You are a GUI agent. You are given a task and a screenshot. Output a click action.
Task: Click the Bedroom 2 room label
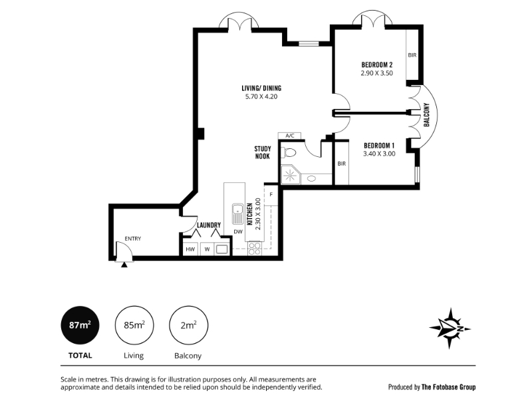[x=377, y=65]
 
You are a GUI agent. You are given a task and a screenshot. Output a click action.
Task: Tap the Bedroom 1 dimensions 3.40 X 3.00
[x=379, y=154]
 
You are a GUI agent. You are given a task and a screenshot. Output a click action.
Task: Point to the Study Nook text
[x=263, y=152]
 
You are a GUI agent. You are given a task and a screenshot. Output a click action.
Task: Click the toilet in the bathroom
[x=289, y=153]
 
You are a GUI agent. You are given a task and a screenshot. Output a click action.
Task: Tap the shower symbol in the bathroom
[x=290, y=176]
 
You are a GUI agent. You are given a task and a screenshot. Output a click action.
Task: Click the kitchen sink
[x=237, y=214]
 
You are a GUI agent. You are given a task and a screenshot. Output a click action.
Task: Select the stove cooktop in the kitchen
[x=255, y=247]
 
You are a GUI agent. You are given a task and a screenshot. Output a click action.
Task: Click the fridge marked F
[x=271, y=195]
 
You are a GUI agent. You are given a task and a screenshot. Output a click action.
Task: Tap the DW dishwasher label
[x=238, y=231]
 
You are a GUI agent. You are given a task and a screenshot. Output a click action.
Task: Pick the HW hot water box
[x=190, y=249]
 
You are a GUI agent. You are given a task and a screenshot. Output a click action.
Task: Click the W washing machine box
[x=207, y=249]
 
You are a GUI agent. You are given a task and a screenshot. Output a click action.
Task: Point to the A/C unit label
[x=290, y=136]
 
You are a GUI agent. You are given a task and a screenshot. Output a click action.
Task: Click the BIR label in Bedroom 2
[x=412, y=55]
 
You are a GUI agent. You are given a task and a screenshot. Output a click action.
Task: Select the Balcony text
[x=426, y=114]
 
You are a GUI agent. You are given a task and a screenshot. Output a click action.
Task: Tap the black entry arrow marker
[x=124, y=265]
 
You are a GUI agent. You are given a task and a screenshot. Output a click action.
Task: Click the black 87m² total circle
[x=80, y=325]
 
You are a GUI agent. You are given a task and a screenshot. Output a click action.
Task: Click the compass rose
[x=450, y=328]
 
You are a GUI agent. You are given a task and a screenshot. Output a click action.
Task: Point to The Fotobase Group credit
[x=448, y=387]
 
